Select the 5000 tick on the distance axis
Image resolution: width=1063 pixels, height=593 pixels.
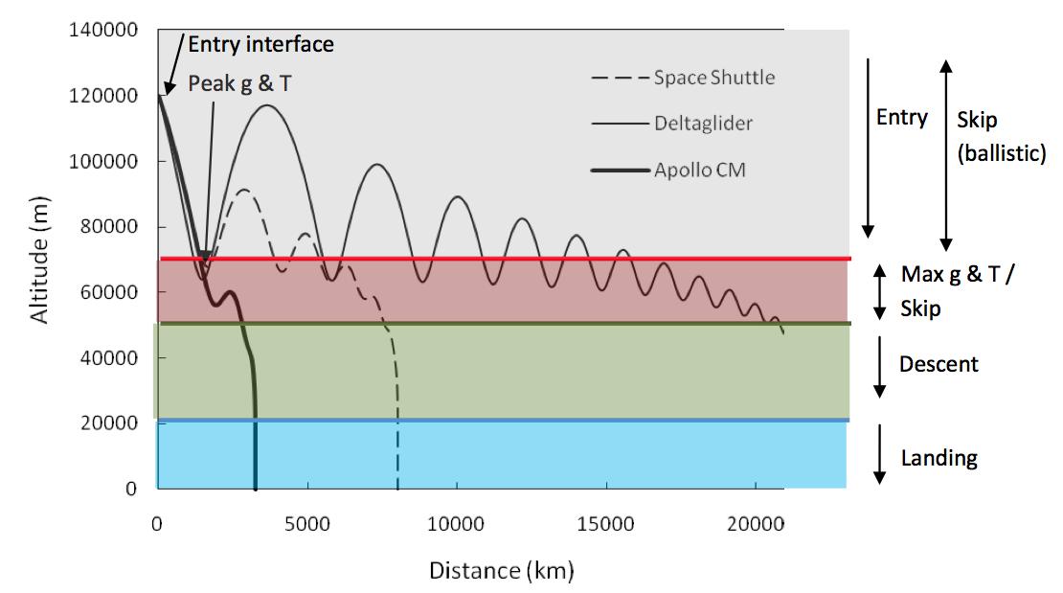click(306, 525)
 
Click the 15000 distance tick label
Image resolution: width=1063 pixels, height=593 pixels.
click(605, 525)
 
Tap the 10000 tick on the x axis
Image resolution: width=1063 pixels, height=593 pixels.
click(457, 525)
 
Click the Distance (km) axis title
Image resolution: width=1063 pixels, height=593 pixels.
click(501, 571)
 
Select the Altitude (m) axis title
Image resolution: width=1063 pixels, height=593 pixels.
click(41, 262)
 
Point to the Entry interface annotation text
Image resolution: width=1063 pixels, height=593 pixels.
click(260, 44)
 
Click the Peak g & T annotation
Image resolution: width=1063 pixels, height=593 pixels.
click(239, 83)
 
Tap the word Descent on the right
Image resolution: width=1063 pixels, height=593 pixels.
click(939, 364)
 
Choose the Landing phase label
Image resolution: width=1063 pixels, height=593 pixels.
click(939, 458)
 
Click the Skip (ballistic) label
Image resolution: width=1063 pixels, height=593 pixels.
click(1001, 136)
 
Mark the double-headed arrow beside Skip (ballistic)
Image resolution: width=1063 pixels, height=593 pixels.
click(946, 153)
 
